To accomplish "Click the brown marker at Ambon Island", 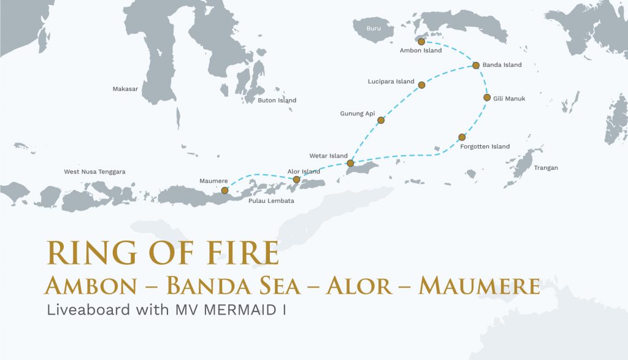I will [421, 42].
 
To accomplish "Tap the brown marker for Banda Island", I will [475, 65].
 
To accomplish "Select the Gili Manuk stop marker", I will [487, 98].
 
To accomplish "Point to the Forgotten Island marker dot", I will [462, 137].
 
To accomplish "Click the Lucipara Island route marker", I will [421, 85].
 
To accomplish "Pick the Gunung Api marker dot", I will [381, 120].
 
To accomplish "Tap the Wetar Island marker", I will [350, 163].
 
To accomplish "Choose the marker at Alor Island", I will [297, 180].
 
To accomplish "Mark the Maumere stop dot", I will [224, 190].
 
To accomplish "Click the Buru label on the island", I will [373, 29].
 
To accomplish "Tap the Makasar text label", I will [125, 89].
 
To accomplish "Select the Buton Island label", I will [277, 101].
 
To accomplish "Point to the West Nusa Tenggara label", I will [94, 172].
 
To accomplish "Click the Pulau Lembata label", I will [271, 201].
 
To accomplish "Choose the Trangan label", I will [546, 167].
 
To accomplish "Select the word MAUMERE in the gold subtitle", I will [478, 286].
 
